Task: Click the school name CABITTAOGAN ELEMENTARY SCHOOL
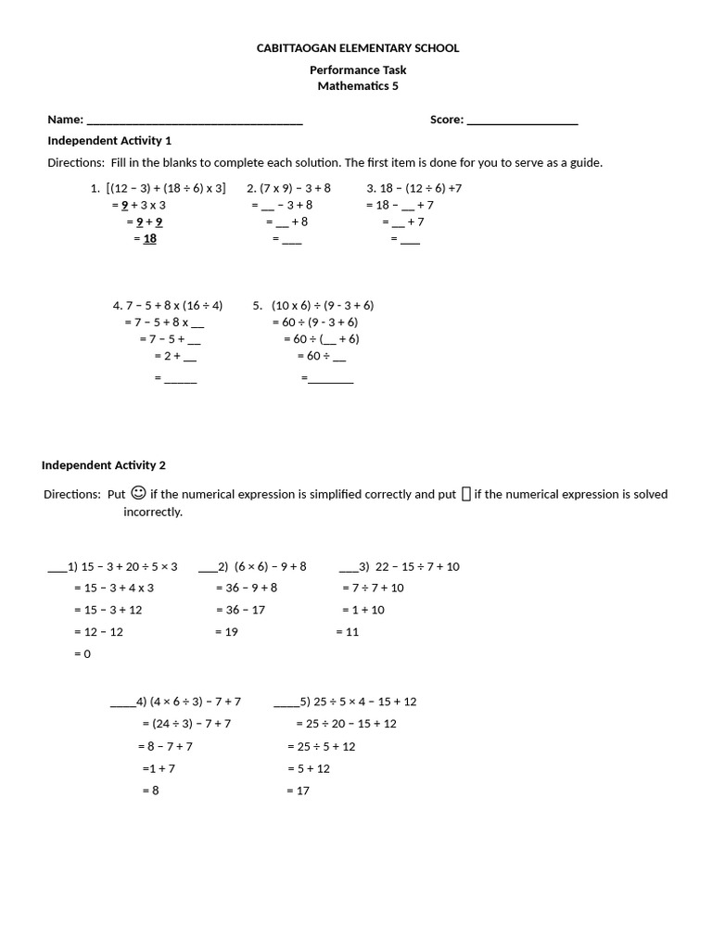357,48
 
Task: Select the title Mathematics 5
357,86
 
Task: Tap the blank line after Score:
522,120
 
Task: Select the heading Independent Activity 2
104,465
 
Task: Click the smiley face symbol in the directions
138,493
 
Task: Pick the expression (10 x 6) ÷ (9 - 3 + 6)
323,305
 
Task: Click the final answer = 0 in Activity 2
83,654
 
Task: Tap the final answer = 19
226,632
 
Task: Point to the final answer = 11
348,632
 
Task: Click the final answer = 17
299,791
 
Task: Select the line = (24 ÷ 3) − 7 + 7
186,724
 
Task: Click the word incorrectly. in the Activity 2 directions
153,512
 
